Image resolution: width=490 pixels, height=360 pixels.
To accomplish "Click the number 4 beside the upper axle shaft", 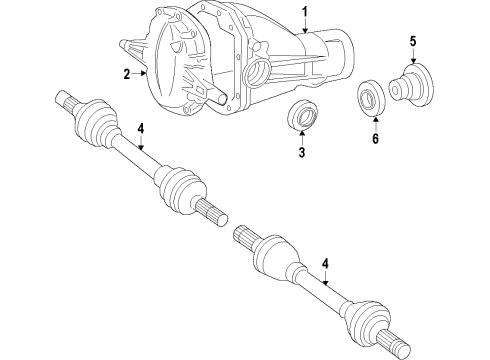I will tap(141, 127).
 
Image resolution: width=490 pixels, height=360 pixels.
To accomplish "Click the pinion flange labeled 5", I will tap(411, 81).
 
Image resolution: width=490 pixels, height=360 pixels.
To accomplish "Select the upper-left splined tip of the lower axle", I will tap(247, 263).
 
